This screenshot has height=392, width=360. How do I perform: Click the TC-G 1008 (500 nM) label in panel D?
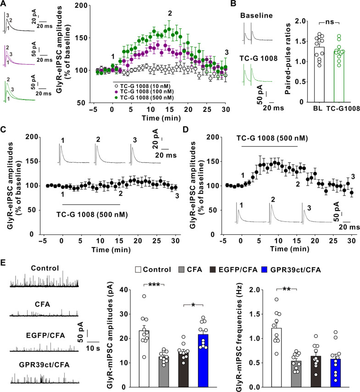(x=271, y=137)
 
